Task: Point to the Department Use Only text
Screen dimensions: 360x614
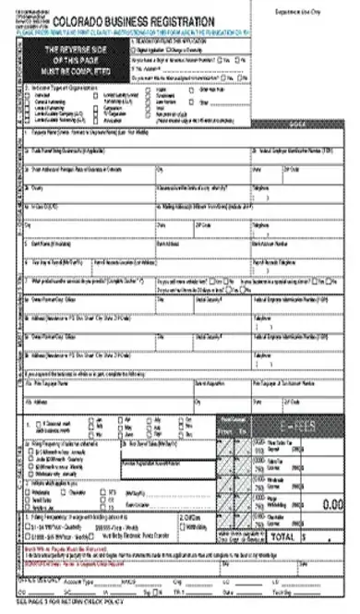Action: tap(314, 10)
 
